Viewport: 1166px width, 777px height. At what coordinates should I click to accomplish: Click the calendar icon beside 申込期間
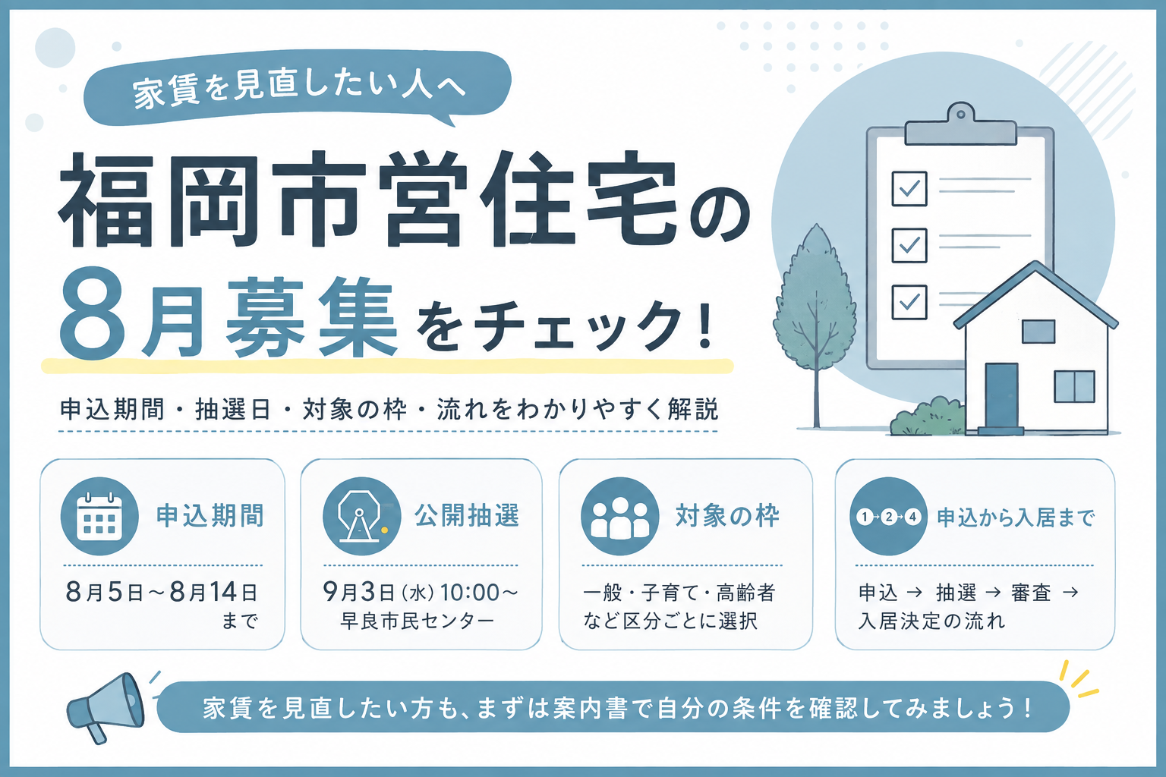coord(99,516)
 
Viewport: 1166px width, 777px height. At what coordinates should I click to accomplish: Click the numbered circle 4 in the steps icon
coord(912,517)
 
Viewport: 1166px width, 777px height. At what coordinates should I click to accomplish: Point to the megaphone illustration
coord(106,706)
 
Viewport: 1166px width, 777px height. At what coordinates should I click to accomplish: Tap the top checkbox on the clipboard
coord(909,188)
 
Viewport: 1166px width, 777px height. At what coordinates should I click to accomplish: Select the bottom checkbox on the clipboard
coord(909,302)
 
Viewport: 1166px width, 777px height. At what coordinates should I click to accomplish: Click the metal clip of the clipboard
coord(960,125)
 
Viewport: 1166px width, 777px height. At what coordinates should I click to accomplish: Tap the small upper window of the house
coord(1038,332)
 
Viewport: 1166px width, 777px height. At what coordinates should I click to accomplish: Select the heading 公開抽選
coord(467,516)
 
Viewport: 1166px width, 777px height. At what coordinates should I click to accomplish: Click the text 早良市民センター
coord(417,621)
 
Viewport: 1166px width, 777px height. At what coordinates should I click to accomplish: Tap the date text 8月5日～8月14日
coord(162,593)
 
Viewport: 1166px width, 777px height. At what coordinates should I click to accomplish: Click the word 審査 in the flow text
coord(1031,593)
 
